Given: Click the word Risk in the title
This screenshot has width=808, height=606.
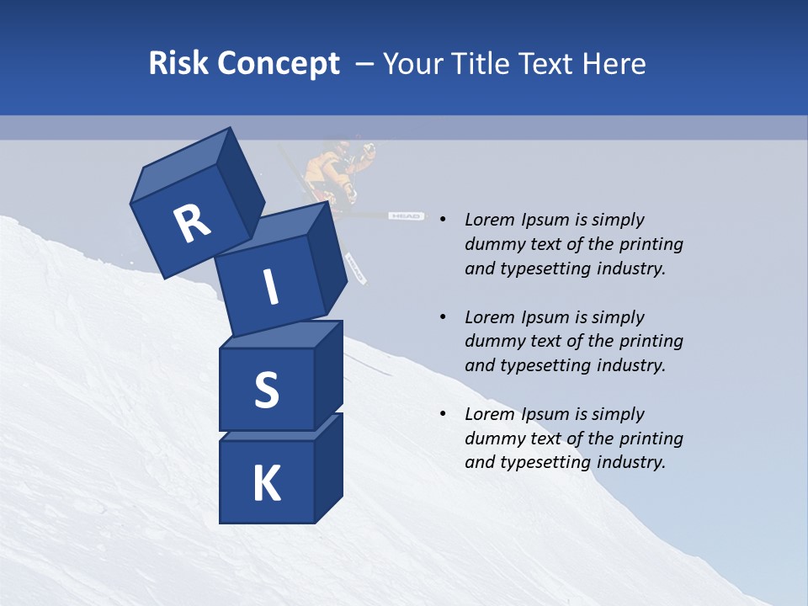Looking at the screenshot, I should pyautogui.click(x=178, y=63).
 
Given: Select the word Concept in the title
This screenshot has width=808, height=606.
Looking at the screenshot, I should pyautogui.click(x=279, y=64).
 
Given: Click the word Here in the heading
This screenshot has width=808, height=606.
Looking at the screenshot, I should pyautogui.click(x=614, y=63).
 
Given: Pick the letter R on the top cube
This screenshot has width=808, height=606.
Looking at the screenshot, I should pyautogui.click(x=191, y=223).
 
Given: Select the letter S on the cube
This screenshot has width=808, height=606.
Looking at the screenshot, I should pyautogui.click(x=266, y=390).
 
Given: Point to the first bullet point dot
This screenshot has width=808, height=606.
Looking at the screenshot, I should pyautogui.click(x=443, y=220).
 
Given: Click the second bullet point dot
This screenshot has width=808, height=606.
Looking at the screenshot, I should pyautogui.click(x=443, y=317).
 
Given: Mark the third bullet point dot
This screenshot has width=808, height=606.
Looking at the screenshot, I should pyautogui.click(x=443, y=414).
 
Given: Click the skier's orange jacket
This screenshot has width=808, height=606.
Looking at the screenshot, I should pyautogui.click(x=324, y=168).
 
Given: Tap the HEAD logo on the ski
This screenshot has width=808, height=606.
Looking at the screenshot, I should pyautogui.click(x=405, y=216).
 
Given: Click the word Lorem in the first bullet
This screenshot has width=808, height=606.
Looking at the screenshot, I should pyautogui.click(x=489, y=220).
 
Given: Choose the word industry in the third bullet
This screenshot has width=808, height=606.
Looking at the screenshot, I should pyautogui.click(x=630, y=462).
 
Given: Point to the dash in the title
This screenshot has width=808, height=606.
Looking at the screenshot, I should pyautogui.click(x=365, y=64).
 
